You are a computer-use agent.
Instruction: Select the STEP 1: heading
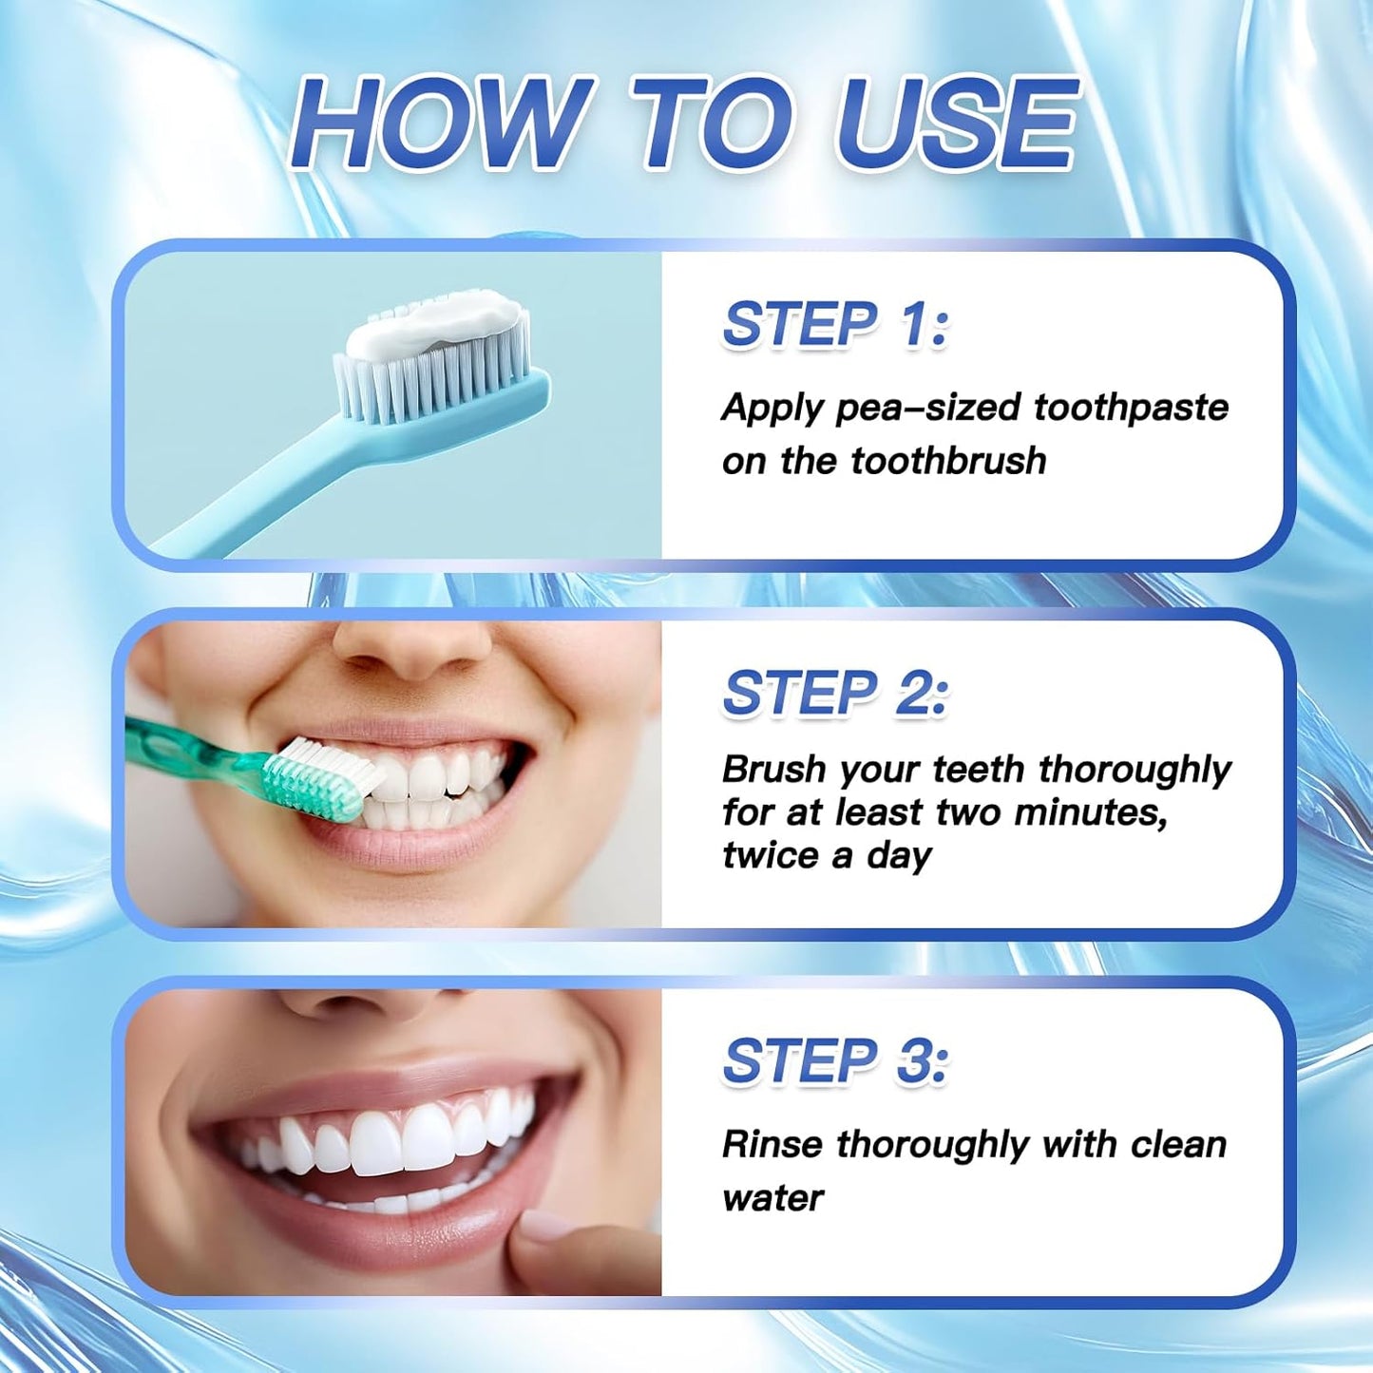[834, 325]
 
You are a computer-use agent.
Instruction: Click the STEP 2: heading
[834, 693]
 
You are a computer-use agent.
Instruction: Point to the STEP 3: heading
[834, 1061]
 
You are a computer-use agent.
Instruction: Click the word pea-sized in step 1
[927, 408]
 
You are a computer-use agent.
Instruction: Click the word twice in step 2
[770, 855]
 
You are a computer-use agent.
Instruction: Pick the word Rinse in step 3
[772, 1144]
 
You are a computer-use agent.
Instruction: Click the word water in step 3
[772, 1198]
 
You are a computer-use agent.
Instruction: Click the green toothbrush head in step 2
[314, 779]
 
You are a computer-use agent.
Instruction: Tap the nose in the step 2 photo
[413, 646]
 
